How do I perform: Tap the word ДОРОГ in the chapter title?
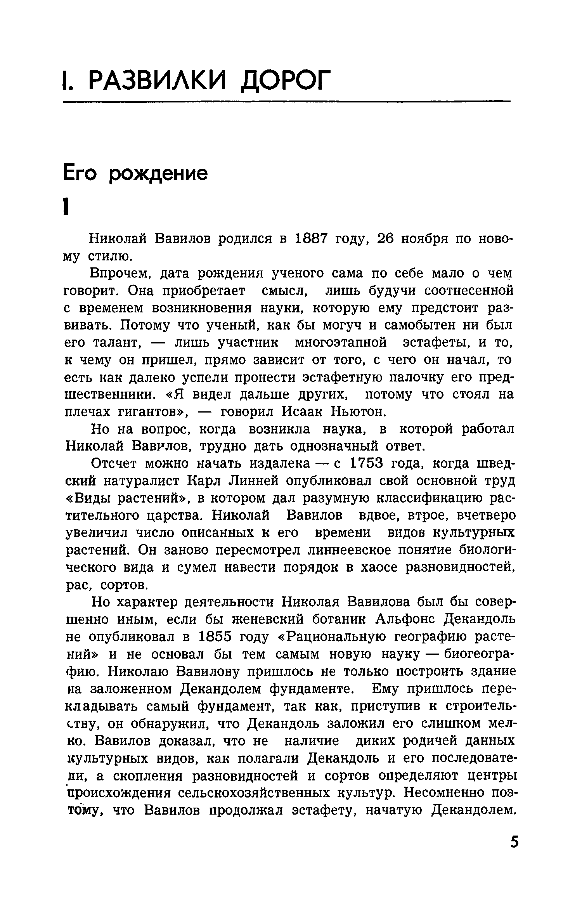click(x=286, y=81)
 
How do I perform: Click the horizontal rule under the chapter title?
click(x=287, y=102)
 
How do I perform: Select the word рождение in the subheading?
click(x=158, y=174)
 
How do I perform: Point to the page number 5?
click(x=514, y=853)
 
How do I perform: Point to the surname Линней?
click(x=253, y=481)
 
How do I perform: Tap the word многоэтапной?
click(x=341, y=343)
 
